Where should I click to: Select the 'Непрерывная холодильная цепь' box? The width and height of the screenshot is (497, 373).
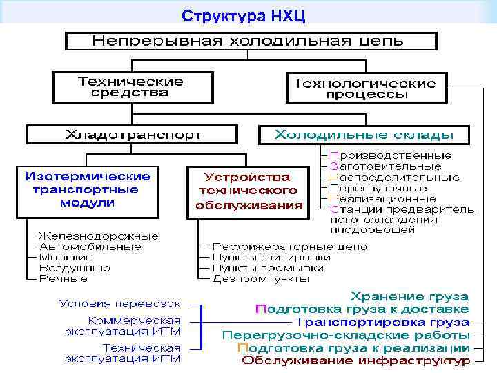coord(251,41)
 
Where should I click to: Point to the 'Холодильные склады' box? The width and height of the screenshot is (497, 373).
coord(364,134)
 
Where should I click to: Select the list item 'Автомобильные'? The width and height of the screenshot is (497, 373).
coord(90,247)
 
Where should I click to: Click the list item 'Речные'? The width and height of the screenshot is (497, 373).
coord(64,278)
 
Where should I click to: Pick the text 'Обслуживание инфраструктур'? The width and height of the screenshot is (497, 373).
coord(356,360)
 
